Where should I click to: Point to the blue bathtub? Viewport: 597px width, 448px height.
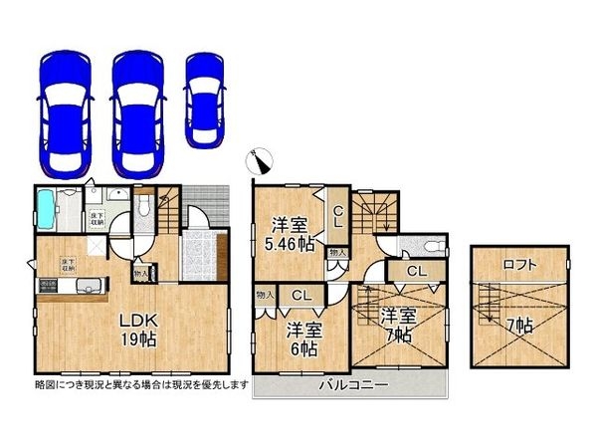point(47,208)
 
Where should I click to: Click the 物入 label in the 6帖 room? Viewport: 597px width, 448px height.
point(264,295)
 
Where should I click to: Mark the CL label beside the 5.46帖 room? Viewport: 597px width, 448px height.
point(339,211)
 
